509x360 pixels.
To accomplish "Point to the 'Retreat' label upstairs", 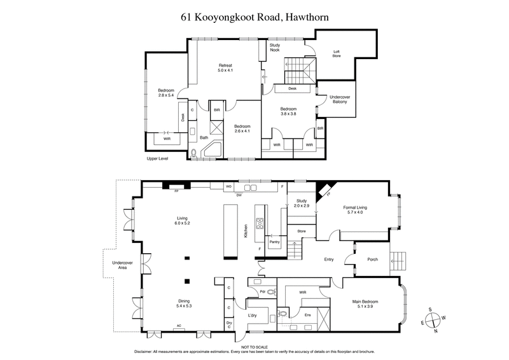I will [226, 67].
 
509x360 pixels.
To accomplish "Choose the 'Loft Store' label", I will [337, 54].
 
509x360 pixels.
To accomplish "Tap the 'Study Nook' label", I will [275, 49].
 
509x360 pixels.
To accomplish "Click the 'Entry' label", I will [329, 260].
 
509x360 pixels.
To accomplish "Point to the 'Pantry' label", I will [275, 242].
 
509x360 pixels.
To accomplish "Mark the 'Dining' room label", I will [184, 303].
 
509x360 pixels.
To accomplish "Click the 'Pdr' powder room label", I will [262, 292].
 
